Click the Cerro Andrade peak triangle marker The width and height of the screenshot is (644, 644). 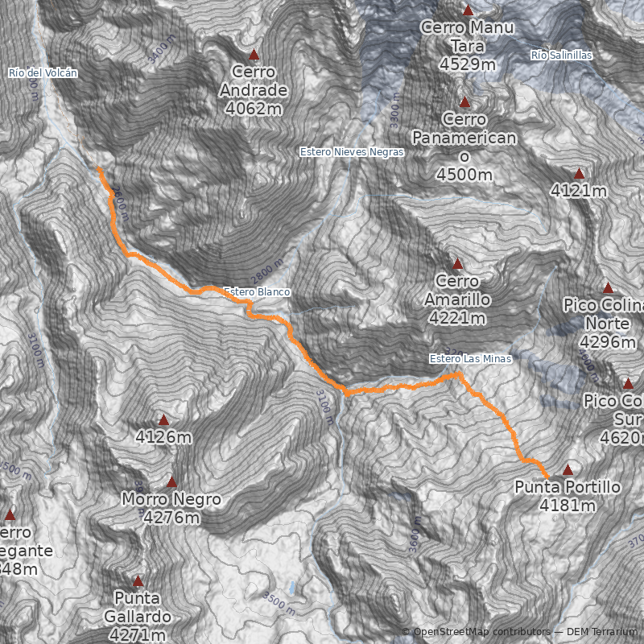[254, 56]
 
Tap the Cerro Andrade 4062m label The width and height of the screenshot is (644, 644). [254, 89]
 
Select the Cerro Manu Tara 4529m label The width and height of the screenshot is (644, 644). [468, 45]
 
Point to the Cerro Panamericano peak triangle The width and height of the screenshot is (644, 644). [464, 103]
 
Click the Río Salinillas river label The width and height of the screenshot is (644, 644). [562, 55]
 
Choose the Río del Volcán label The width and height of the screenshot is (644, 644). [43, 72]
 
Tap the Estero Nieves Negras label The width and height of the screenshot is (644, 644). [351, 151]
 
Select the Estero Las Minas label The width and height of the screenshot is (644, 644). [470, 359]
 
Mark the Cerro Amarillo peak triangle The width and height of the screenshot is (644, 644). [458, 264]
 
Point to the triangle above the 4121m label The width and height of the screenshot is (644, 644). [579, 174]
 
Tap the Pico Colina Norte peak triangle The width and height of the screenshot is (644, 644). [608, 288]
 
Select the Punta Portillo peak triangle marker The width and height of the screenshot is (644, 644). [568, 469]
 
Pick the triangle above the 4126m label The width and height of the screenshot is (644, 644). [163, 420]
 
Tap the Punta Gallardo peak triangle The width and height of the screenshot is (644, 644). [138, 580]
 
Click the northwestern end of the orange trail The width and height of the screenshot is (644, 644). [98, 168]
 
